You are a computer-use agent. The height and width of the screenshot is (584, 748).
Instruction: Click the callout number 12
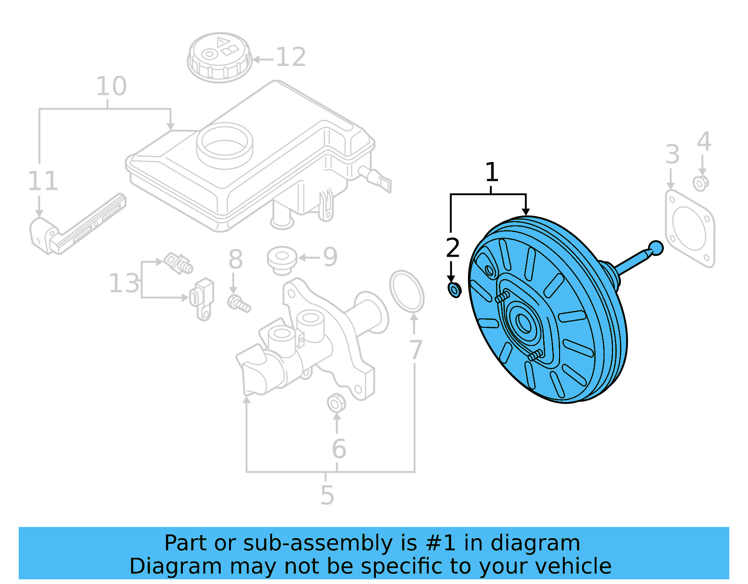pos(291,58)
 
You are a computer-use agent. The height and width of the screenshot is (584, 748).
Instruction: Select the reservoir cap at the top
pos(219,57)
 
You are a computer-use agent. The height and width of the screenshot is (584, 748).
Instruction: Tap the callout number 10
pos(111,87)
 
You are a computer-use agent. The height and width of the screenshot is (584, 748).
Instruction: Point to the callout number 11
pos(43,181)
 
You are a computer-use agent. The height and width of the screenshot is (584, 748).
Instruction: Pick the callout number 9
pos(330,257)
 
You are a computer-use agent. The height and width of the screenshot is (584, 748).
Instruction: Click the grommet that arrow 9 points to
pos(281,259)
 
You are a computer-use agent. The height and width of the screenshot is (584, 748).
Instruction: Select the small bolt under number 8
pos(239,303)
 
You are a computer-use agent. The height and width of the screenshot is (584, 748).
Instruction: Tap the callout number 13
pos(124,283)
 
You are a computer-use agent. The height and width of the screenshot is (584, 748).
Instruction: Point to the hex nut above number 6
pos(336,403)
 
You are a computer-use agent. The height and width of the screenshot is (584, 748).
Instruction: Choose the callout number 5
pos(327,496)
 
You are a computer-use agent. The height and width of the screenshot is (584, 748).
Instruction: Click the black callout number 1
pos(491,173)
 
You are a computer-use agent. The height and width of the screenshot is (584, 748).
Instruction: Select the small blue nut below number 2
pos(454,290)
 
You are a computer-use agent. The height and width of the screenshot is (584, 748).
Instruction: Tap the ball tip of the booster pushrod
pos(656,248)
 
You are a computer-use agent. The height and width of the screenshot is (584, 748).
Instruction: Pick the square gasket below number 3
pos(690,229)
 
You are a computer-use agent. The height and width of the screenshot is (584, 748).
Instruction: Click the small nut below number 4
pos(700,183)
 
